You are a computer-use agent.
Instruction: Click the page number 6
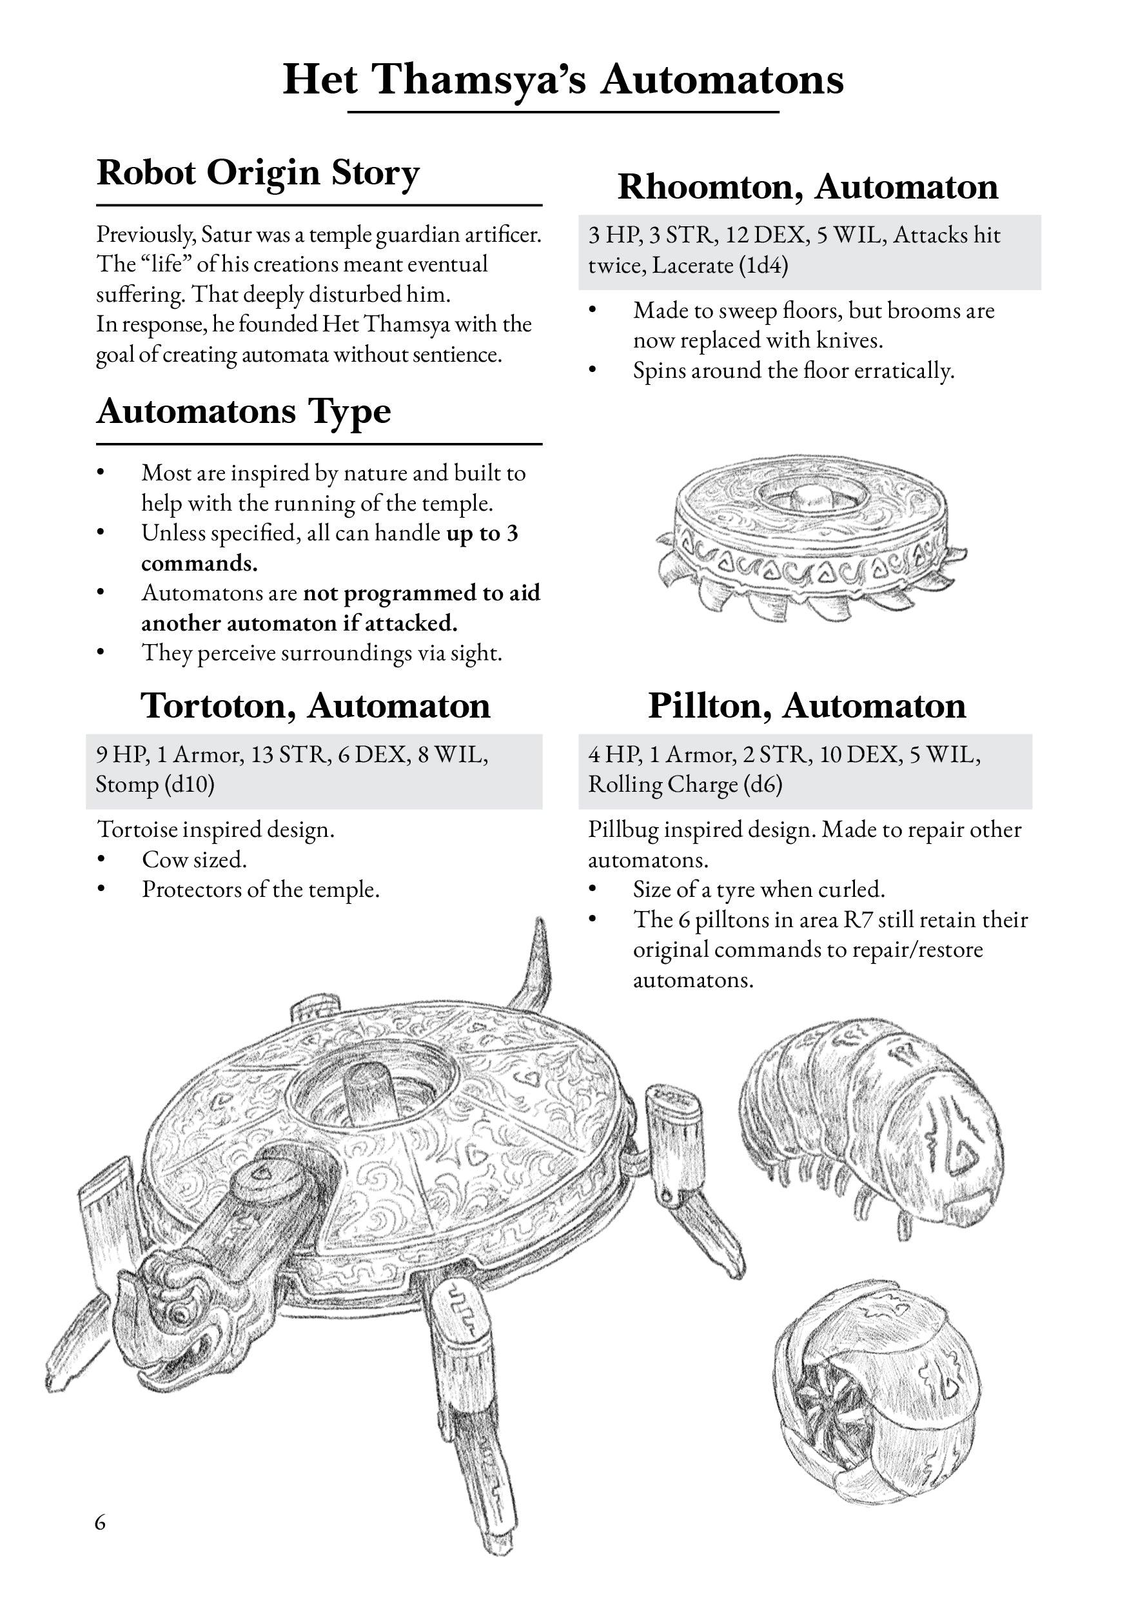(x=101, y=1522)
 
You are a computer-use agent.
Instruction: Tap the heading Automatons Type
(x=243, y=411)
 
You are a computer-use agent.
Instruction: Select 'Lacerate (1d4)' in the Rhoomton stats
(x=720, y=266)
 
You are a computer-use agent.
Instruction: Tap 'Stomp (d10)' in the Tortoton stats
(x=155, y=784)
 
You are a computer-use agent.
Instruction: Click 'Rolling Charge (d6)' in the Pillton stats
(x=685, y=784)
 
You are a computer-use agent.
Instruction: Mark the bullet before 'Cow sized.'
(x=102, y=859)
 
